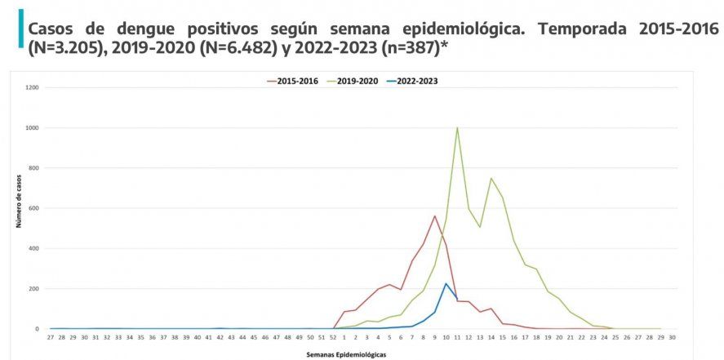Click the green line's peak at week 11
457,127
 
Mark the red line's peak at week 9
435,216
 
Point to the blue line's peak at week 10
446,283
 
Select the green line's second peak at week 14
491,178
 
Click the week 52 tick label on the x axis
333,336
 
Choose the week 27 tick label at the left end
51,336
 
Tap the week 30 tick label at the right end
672,336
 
